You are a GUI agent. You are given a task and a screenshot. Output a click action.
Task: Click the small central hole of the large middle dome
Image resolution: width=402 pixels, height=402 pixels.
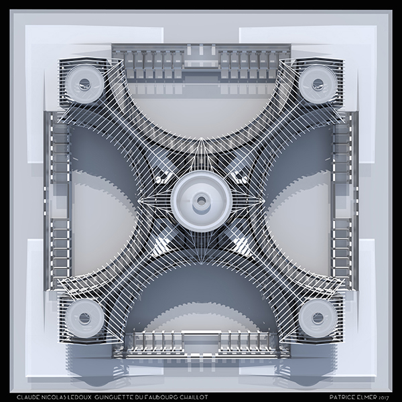click(x=202, y=202)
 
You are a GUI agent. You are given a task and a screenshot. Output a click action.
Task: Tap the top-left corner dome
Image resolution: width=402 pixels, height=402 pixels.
click(x=84, y=84)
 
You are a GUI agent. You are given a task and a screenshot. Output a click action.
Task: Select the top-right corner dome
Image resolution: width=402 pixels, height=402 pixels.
click(x=318, y=84)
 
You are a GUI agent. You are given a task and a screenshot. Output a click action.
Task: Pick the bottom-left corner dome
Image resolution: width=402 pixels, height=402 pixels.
click(x=84, y=318)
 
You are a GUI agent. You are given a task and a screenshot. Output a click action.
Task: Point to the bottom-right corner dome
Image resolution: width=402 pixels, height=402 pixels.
click(x=318, y=318)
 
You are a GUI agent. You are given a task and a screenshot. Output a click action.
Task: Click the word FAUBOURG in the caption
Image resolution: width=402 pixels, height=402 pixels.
click(x=160, y=397)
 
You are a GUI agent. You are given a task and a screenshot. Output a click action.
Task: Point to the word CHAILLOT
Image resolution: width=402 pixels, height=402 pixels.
click(x=194, y=397)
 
